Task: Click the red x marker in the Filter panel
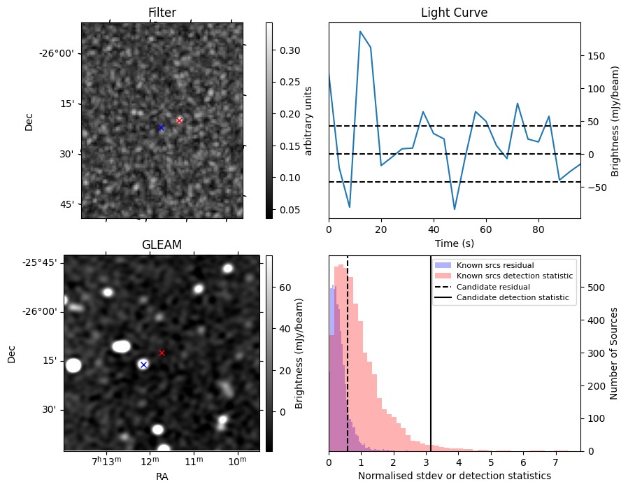[x=179, y=120]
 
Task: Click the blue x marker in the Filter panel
[x=161, y=127]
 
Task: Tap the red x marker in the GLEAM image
[x=162, y=353]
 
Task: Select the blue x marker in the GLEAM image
[x=143, y=364]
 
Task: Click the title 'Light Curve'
[x=454, y=13]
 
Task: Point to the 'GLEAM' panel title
[x=162, y=245]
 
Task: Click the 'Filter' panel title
[x=162, y=13]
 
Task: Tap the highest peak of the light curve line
[x=360, y=31]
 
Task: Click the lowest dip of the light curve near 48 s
[x=455, y=209]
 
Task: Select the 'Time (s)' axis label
[x=454, y=243]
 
